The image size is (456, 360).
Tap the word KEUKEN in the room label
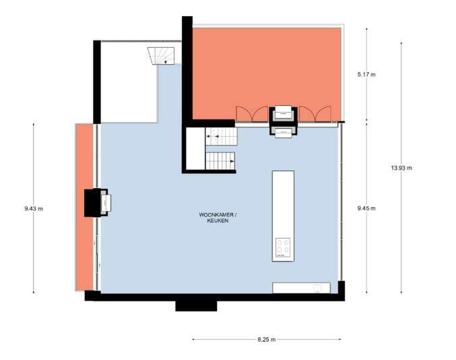pos(217,220)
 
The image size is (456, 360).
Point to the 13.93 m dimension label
pos(401,167)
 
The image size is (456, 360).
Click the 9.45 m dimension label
pos(366,208)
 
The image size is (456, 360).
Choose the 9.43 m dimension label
pos(33,208)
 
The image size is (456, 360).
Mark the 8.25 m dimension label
pos(267,340)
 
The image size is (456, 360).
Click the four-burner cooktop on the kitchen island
pos(283,248)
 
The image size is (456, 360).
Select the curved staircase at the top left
pos(164,54)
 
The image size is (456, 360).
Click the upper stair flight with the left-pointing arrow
pos(222,137)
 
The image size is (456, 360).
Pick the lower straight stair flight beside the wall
pos(220,162)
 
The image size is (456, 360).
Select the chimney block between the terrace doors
pos(283,119)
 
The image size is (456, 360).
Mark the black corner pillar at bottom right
pos(341,290)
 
